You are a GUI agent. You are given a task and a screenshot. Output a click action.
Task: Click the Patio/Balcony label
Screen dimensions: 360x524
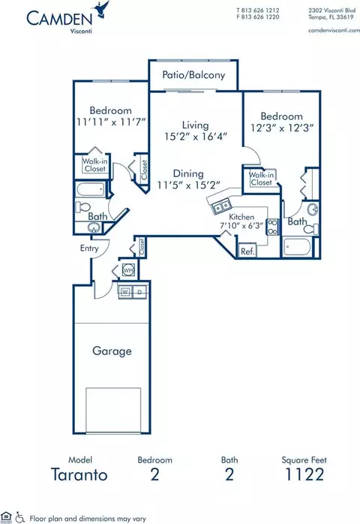193,75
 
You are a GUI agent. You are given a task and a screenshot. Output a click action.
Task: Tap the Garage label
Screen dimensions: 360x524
112,351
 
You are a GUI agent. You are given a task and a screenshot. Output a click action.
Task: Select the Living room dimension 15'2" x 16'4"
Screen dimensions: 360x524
196,137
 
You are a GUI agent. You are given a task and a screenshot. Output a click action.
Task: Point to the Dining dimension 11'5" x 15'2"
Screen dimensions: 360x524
189,185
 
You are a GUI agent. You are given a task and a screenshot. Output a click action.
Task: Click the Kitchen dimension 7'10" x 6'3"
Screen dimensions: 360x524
241,225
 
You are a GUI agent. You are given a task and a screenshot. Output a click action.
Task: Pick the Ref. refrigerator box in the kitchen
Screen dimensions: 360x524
247,251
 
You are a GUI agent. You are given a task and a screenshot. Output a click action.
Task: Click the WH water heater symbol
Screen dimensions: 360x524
128,270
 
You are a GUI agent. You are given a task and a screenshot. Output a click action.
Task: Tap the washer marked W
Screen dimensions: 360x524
125,292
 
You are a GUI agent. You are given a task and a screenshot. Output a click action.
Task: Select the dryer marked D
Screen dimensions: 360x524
139,292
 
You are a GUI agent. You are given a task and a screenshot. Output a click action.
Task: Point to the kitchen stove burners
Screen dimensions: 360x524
273,227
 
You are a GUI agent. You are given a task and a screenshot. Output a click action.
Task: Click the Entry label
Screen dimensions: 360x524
89,248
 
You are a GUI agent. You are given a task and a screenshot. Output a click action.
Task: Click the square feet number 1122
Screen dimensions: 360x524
304,474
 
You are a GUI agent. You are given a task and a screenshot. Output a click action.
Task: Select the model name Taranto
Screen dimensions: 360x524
79,474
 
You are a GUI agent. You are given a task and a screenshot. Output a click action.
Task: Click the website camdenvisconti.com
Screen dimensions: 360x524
334,30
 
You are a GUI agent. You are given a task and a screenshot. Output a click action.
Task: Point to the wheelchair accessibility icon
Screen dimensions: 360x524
20,517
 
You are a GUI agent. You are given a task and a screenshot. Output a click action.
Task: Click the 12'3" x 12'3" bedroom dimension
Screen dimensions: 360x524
282,128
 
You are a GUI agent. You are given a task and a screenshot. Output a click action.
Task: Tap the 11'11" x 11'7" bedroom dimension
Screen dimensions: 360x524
111,122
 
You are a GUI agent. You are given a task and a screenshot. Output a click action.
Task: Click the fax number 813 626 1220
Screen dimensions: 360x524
260,17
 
